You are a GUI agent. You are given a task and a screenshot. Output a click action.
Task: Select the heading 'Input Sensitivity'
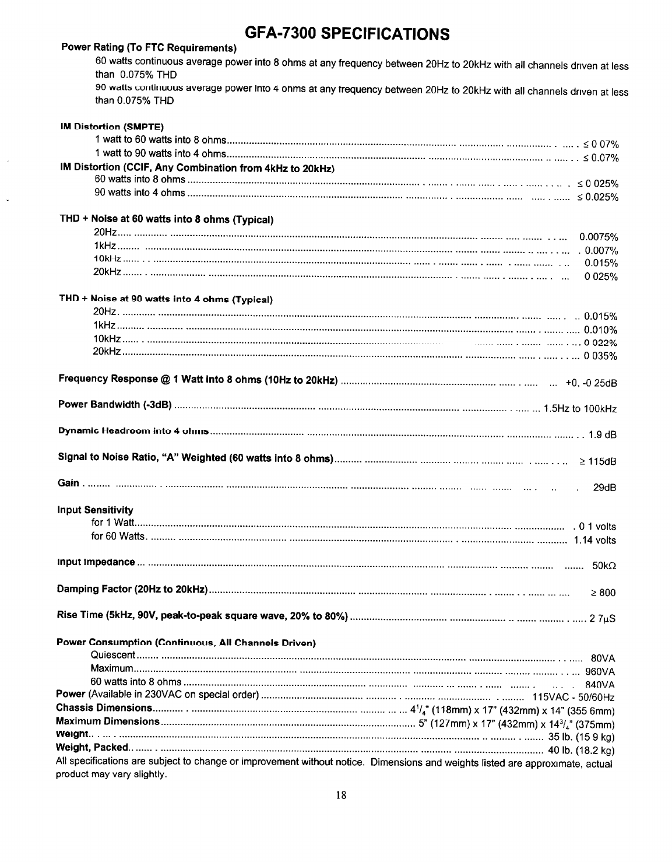[x=95, y=510]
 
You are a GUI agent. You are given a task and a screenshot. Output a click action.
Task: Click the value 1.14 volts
[x=594, y=540]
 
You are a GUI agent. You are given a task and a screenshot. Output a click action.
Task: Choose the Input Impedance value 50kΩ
[x=604, y=566]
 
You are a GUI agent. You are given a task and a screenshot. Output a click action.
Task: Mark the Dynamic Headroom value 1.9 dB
[x=602, y=434]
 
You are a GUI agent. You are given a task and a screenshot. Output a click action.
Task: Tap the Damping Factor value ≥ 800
[x=603, y=593]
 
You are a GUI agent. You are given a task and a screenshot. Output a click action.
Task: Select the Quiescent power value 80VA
[x=603, y=660]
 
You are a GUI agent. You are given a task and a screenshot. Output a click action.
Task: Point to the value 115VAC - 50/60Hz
[x=574, y=698]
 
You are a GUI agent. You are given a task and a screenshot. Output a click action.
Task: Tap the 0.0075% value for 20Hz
[x=599, y=237]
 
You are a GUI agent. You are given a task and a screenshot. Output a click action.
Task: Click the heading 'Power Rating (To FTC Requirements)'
[x=149, y=47]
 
